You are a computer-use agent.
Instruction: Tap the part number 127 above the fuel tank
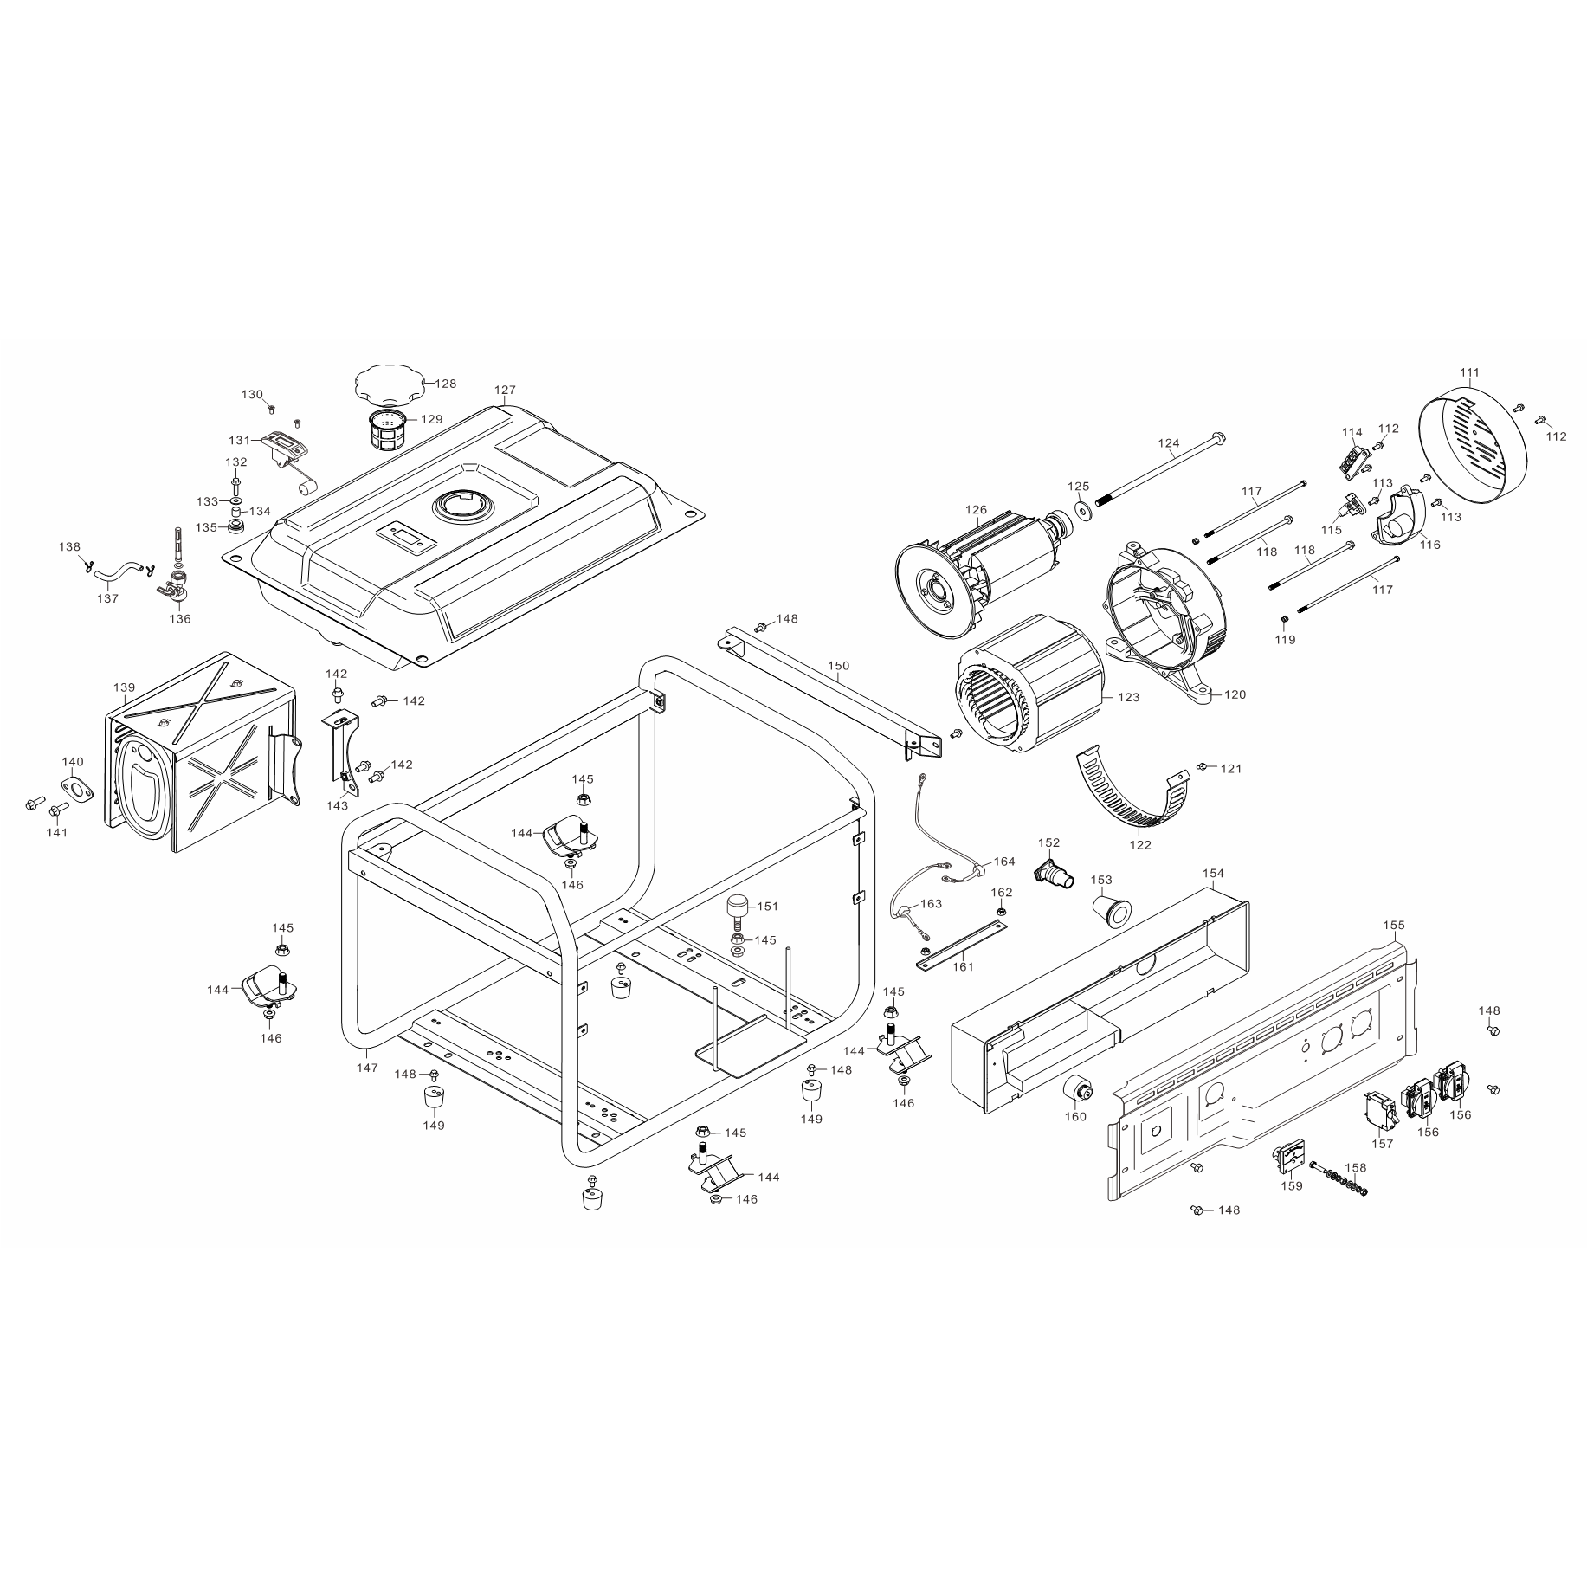[505, 391]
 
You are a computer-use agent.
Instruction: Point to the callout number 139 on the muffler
[124, 687]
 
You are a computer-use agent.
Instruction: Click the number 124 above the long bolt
[1169, 444]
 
